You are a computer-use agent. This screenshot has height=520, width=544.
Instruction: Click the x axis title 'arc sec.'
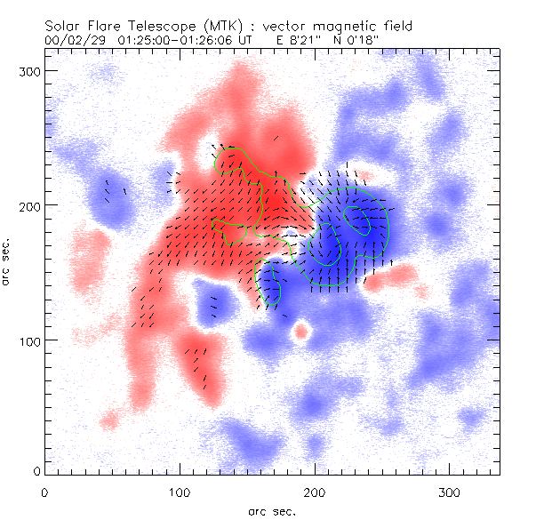tap(271, 511)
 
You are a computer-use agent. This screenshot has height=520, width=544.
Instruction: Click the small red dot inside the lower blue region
tap(301, 332)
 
